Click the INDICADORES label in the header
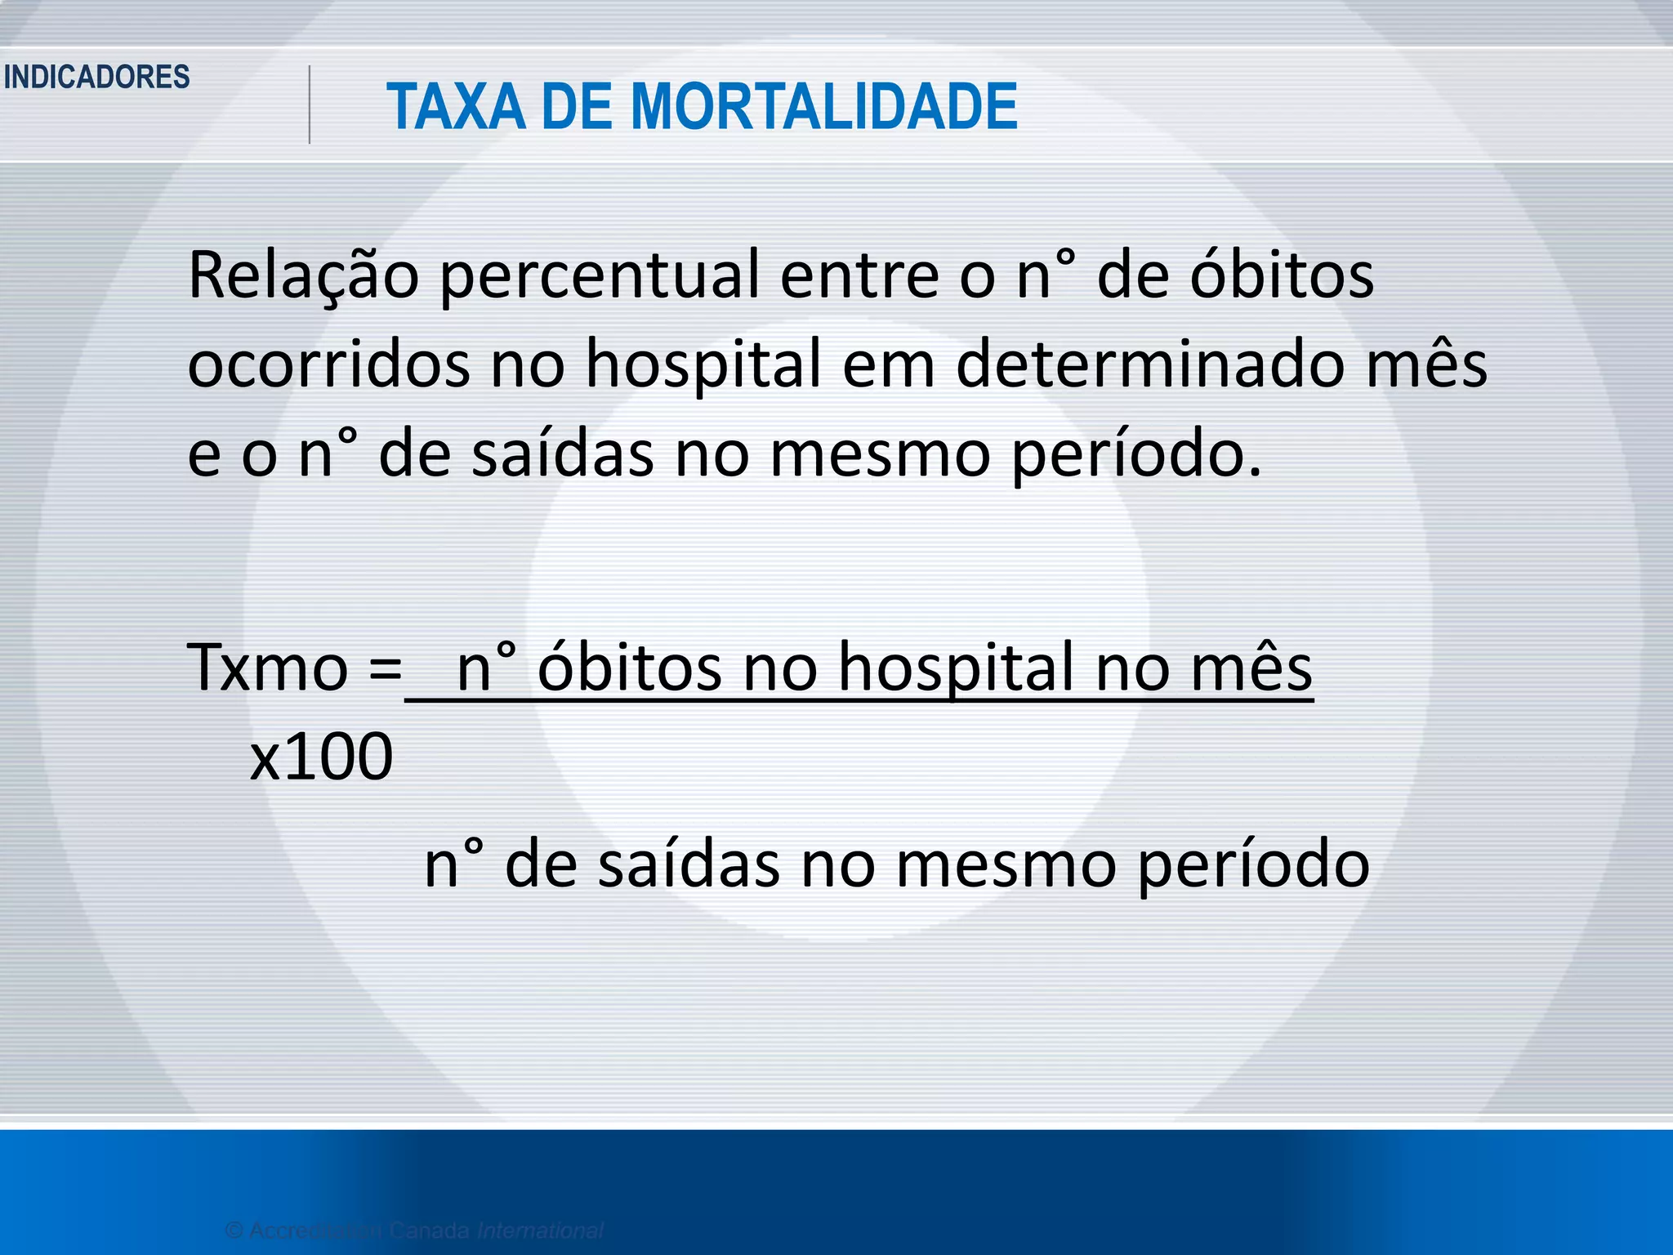(x=97, y=78)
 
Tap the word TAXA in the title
(x=456, y=107)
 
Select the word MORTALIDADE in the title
(x=824, y=107)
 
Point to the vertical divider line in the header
(x=310, y=105)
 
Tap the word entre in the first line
(x=859, y=276)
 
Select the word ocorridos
(x=329, y=364)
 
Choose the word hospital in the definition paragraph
(x=703, y=366)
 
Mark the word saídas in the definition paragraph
(x=563, y=454)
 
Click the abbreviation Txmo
(x=268, y=668)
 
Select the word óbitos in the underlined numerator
(x=630, y=668)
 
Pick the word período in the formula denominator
(x=1254, y=866)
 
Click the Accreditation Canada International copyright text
(x=414, y=1230)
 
